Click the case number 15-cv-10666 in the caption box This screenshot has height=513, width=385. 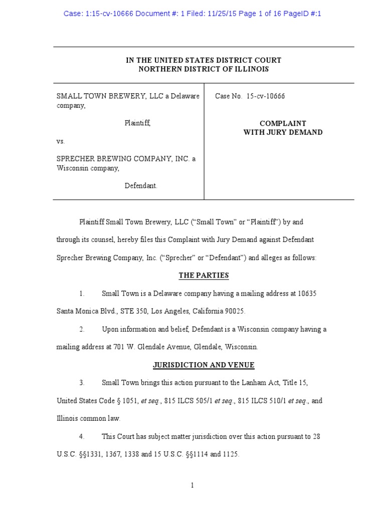click(266, 96)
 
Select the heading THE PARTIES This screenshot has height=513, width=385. click(204, 276)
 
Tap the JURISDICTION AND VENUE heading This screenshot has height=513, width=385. click(204, 365)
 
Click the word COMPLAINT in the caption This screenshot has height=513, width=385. click(283, 123)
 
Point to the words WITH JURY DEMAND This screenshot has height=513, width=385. click(283, 132)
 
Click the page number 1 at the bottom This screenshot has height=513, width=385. click(192, 485)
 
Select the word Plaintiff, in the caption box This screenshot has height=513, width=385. click(137, 123)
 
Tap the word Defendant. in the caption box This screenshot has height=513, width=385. click(141, 186)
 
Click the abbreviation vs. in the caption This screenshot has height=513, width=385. click(61, 141)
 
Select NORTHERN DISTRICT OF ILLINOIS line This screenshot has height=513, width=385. click(204, 69)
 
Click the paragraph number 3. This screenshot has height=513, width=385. click(81, 383)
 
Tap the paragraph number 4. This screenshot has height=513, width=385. click(81, 437)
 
